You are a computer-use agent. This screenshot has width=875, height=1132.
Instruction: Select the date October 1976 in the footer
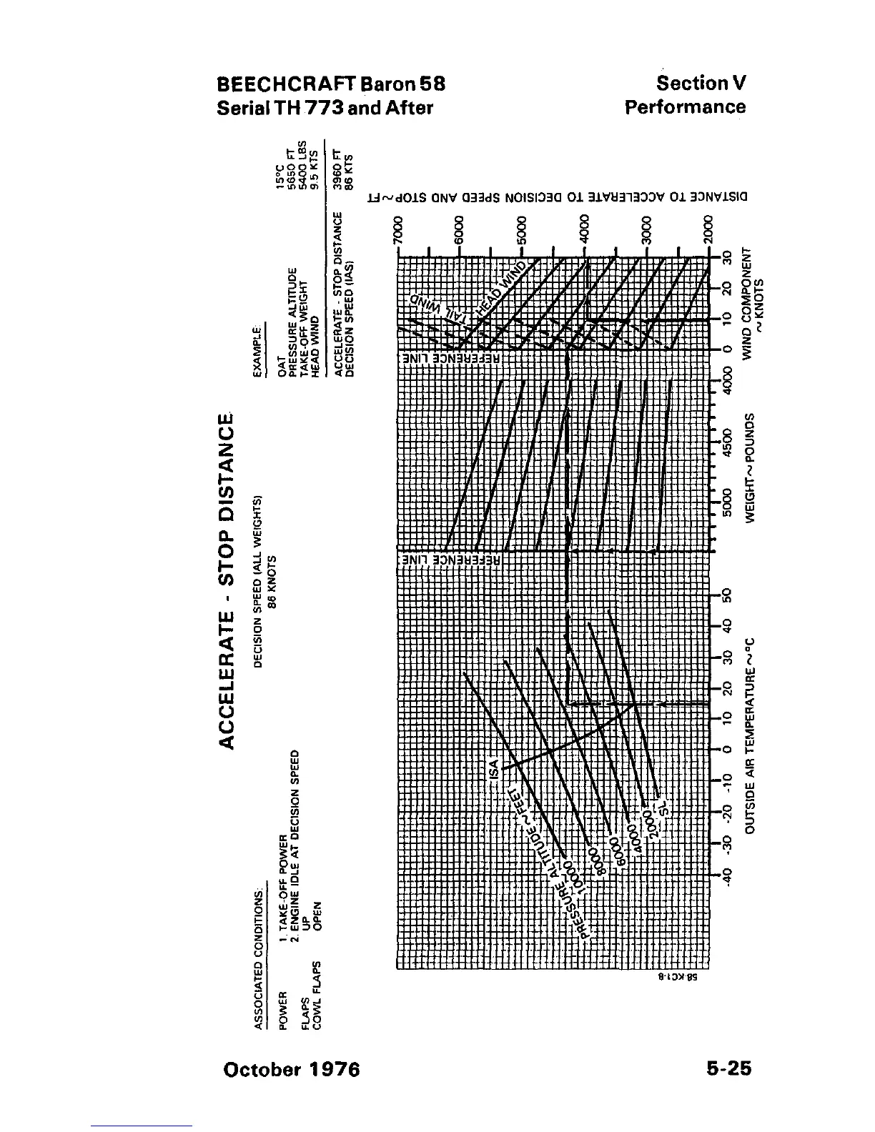pos(292,1070)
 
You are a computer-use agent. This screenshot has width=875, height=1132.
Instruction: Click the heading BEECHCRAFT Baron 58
pos(331,84)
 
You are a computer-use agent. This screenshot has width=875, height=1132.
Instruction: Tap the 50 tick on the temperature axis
pos(727,595)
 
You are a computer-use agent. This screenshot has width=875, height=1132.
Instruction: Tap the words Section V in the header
pos(701,84)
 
